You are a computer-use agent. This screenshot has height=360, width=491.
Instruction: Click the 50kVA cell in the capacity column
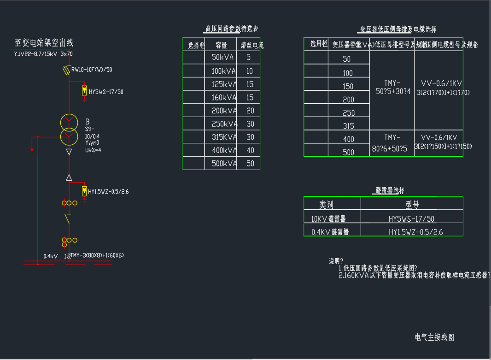tap(222, 58)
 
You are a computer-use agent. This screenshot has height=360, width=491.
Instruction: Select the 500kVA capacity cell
tap(222, 164)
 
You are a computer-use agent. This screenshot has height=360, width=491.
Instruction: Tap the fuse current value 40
tap(250, 150)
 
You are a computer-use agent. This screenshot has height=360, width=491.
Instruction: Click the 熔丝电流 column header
tap(252, 46)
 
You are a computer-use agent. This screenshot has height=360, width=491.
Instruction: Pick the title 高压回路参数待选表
tap(231, 29)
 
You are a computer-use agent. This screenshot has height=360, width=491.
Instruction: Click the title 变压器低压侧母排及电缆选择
tap(398, 30)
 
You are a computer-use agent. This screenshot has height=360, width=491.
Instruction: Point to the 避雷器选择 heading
tap(390, 190)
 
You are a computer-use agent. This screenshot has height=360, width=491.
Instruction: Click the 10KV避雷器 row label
tap(328, 219)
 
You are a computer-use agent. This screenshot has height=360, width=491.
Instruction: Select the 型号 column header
tap(412, 205)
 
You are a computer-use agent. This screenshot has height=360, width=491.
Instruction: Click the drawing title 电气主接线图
tap(434, 337)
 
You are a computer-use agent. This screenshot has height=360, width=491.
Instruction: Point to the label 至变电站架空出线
tap(44, 43)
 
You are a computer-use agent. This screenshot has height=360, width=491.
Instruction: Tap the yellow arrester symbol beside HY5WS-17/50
tap(84, 91)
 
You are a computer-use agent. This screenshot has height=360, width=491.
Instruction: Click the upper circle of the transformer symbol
tap(69, 123)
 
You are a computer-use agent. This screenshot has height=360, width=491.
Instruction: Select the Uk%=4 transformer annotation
tap(93, 150)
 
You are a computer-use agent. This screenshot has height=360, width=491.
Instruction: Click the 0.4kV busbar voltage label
tap(50, 256)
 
